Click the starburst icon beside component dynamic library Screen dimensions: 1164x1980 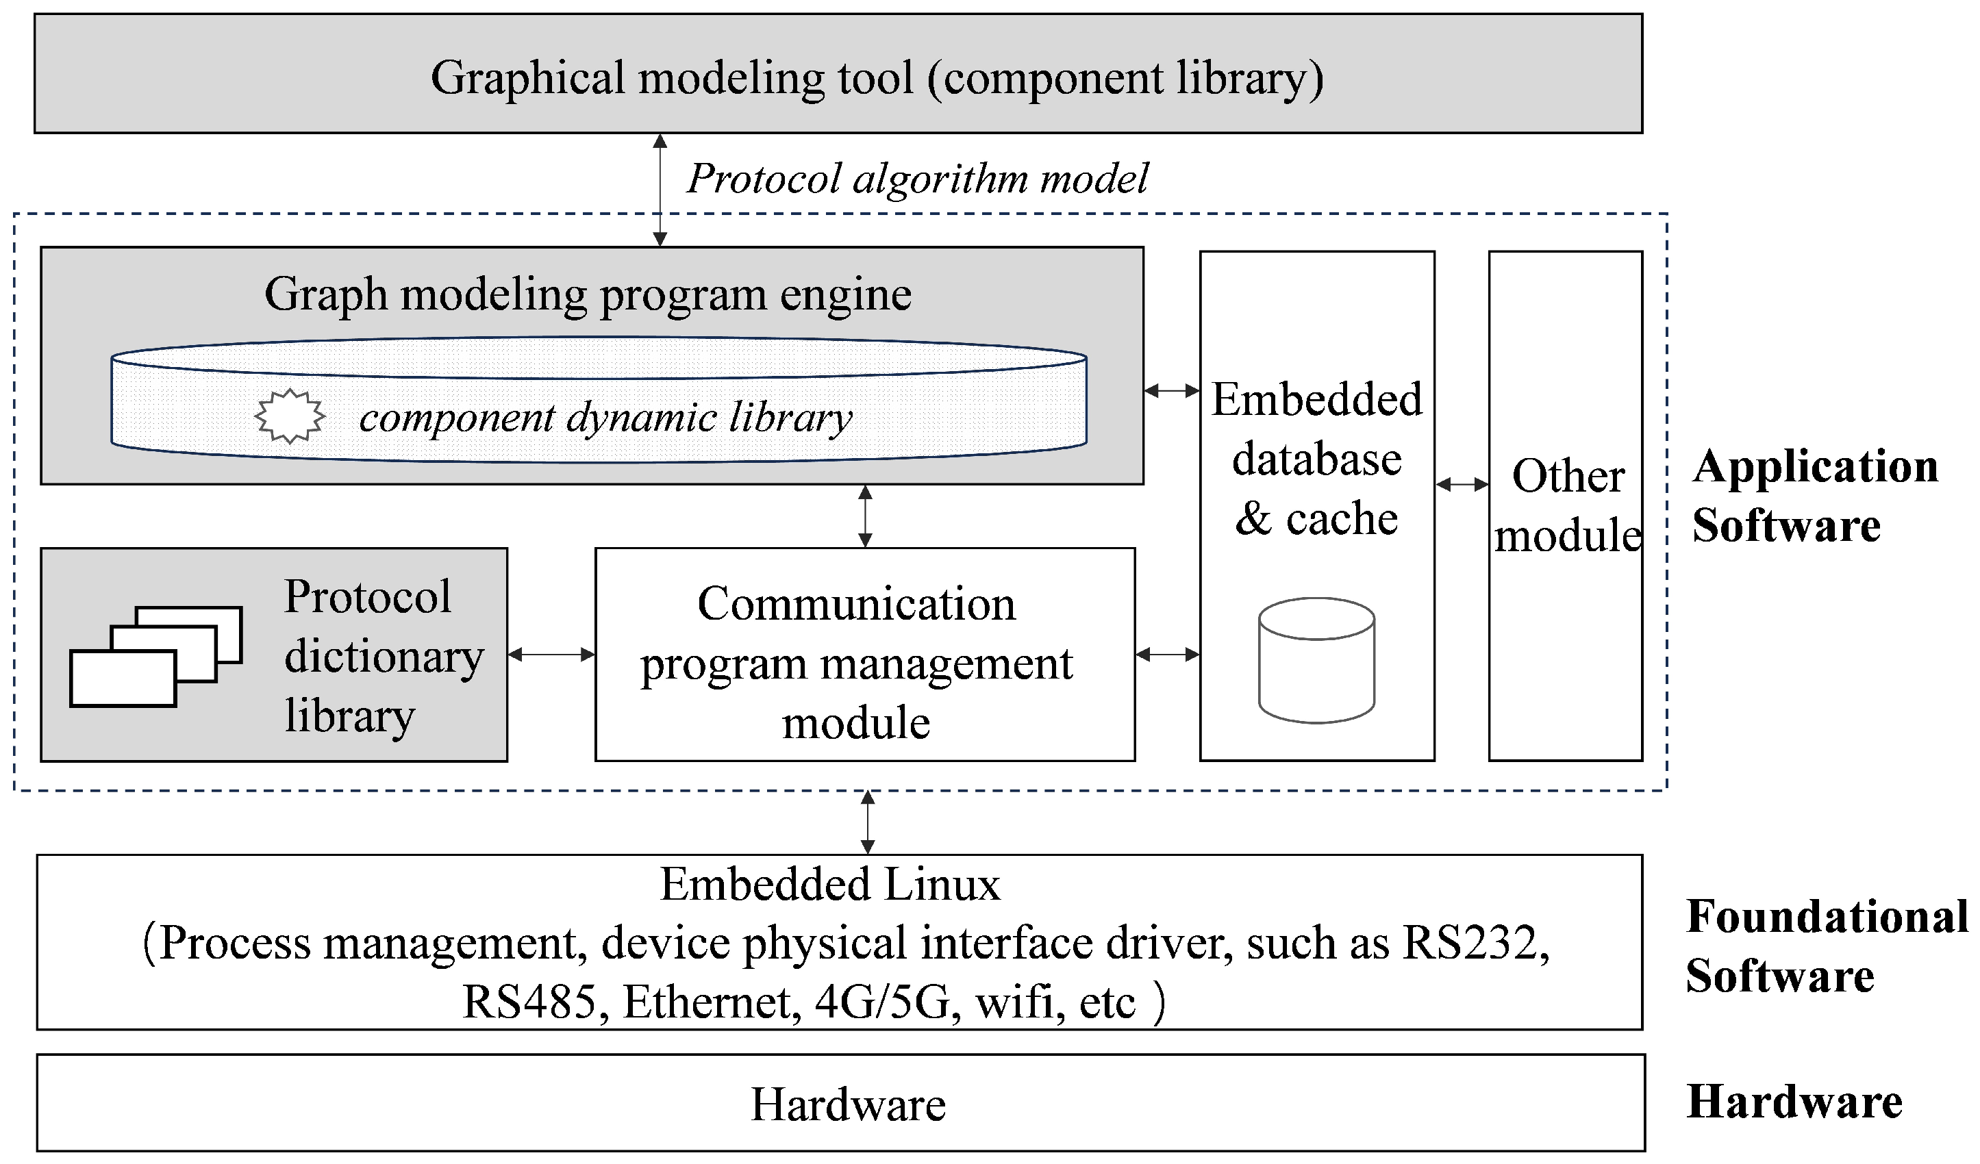coord(289,416)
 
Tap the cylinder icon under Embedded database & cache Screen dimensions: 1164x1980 coord(1316,660)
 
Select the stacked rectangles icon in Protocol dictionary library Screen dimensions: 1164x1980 coord(155,656)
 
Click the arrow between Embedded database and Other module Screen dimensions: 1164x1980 coord(1462,485)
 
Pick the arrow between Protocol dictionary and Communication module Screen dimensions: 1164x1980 coord(551,655)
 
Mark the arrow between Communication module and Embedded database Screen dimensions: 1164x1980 coord(1167,655)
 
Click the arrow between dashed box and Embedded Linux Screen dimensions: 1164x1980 coord(868,822)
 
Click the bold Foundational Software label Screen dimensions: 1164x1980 coord(1825,946)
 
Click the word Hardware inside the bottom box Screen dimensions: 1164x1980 coord(848,1104)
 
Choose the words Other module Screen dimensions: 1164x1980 coord(1567,505)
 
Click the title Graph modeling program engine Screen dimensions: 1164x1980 coord(588,294)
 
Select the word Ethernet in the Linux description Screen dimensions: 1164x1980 coord(706,1002)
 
